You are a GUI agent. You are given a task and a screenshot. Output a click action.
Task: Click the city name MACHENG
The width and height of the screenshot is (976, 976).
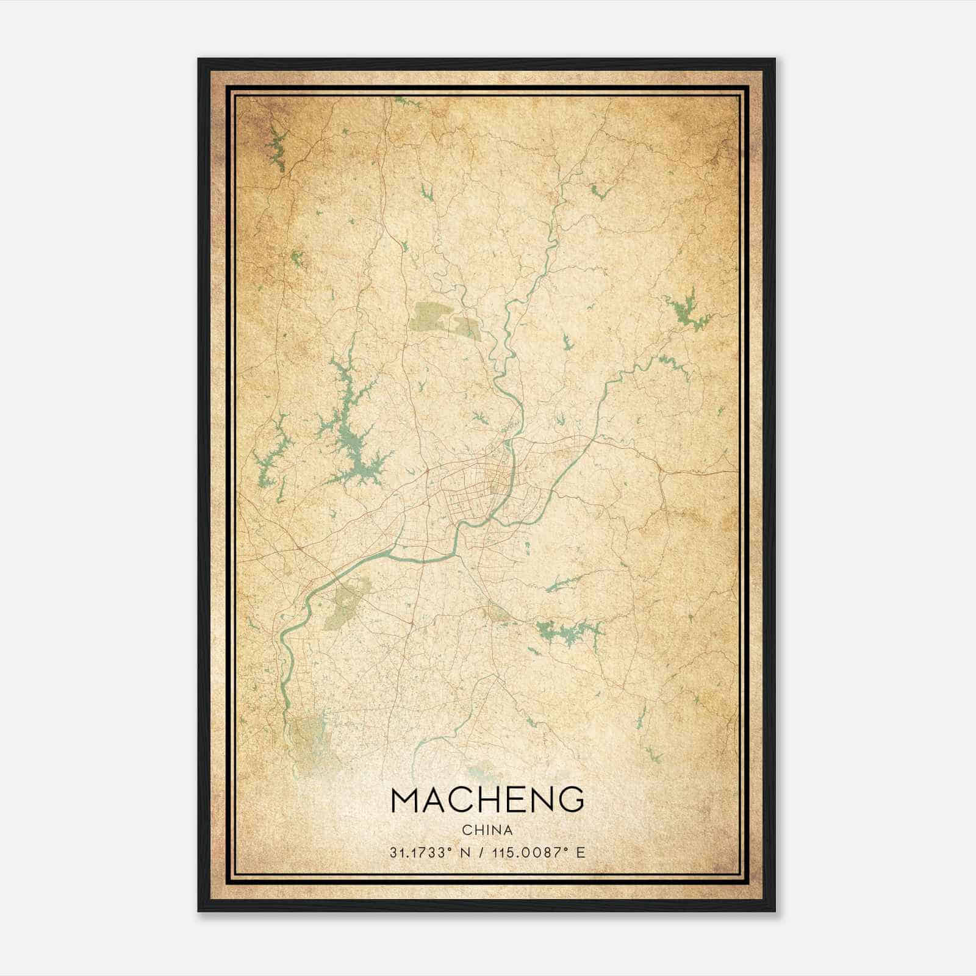coord(487,800)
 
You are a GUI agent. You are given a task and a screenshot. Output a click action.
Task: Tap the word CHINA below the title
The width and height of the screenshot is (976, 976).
coord(487,830)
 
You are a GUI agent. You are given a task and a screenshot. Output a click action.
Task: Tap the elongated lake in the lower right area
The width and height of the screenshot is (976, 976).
coord(567,631)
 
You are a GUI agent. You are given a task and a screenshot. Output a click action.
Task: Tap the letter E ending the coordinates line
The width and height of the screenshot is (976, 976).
coord(581,852)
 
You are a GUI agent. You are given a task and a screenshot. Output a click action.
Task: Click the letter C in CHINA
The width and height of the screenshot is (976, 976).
coord(467,830)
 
